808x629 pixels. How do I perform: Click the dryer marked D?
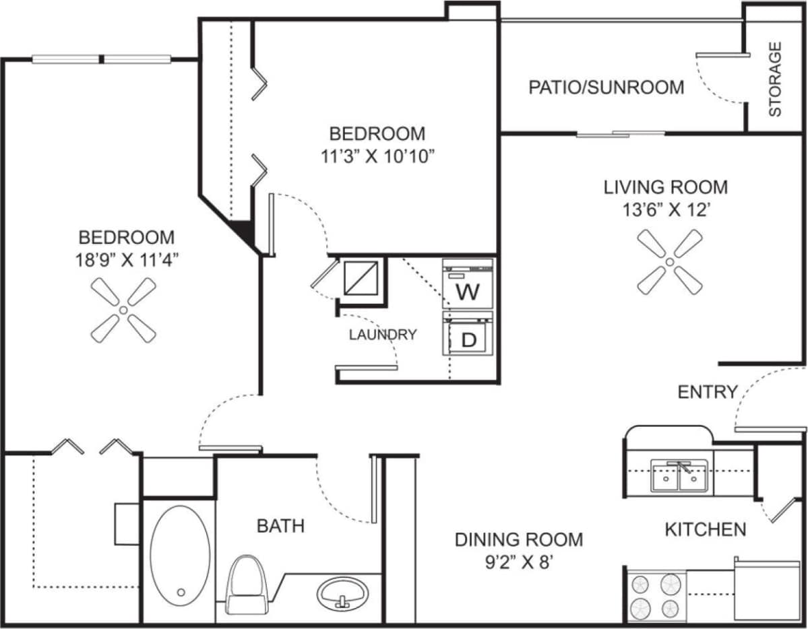tap(468, 334)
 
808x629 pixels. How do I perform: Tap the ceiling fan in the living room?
tap(670, 261)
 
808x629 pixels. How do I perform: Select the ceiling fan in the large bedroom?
tap(123, 310)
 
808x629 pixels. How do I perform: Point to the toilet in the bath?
tap(247, 584)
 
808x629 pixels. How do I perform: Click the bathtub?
tap(179, 560)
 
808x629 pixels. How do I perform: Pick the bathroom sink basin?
tap(343, 593)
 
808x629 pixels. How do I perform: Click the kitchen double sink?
tap(679, 476)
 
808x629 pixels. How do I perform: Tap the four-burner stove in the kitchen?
tap(654, 595)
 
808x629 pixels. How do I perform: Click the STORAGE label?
tap(775, 79)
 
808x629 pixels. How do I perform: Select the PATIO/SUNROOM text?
tap(606, 88)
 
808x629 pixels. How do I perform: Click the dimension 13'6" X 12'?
tap(665, 209)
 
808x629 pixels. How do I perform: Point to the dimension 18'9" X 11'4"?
tap(127, 260)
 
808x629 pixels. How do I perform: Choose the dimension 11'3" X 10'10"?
tap(377, 156)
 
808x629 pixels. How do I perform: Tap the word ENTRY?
tap(707, 392)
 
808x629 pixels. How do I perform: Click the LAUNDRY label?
tap(382, 335)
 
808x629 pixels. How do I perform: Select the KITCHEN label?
tap(705, 530)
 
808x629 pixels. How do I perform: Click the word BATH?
tap(280, 525)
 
